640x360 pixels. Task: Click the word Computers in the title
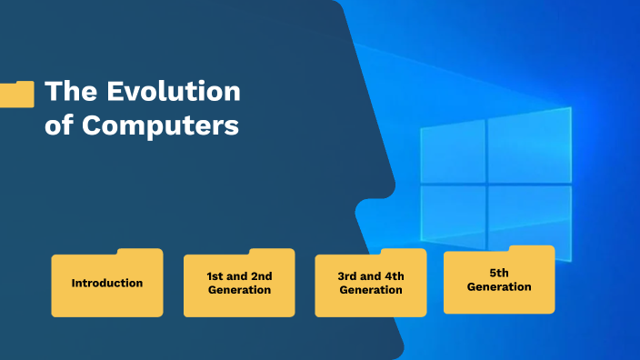(x=161, y=125)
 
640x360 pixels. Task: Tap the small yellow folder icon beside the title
(x=16, y=94)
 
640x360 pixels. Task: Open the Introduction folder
(x=107, y=285)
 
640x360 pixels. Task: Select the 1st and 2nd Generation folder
(x=239, y=285)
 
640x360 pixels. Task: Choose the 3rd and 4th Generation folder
(x=371, y=285)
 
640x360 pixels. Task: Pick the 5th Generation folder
(x=499, y=282)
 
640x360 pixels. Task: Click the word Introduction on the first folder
(x=107, y=283)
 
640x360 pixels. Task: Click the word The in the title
(x=71, y=91)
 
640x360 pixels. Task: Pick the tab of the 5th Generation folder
(x=532, y=248)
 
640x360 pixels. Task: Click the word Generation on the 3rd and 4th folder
(x=371, y=290)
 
